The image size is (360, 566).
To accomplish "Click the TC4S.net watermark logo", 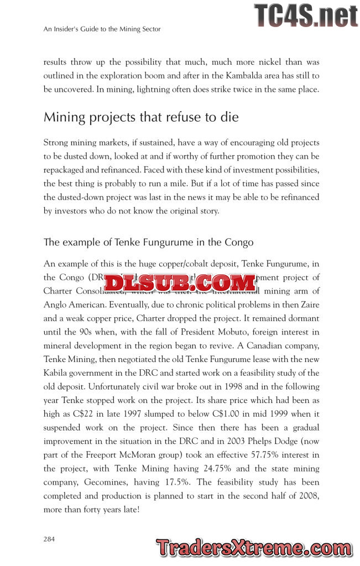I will point(305,15).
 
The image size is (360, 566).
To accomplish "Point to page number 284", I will point(49,538).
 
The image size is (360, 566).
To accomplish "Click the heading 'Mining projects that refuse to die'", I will point(140,118).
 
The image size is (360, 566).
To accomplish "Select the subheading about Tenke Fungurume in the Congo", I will point(148,242).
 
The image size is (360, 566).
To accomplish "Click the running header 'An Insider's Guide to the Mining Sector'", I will point(102,29).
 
